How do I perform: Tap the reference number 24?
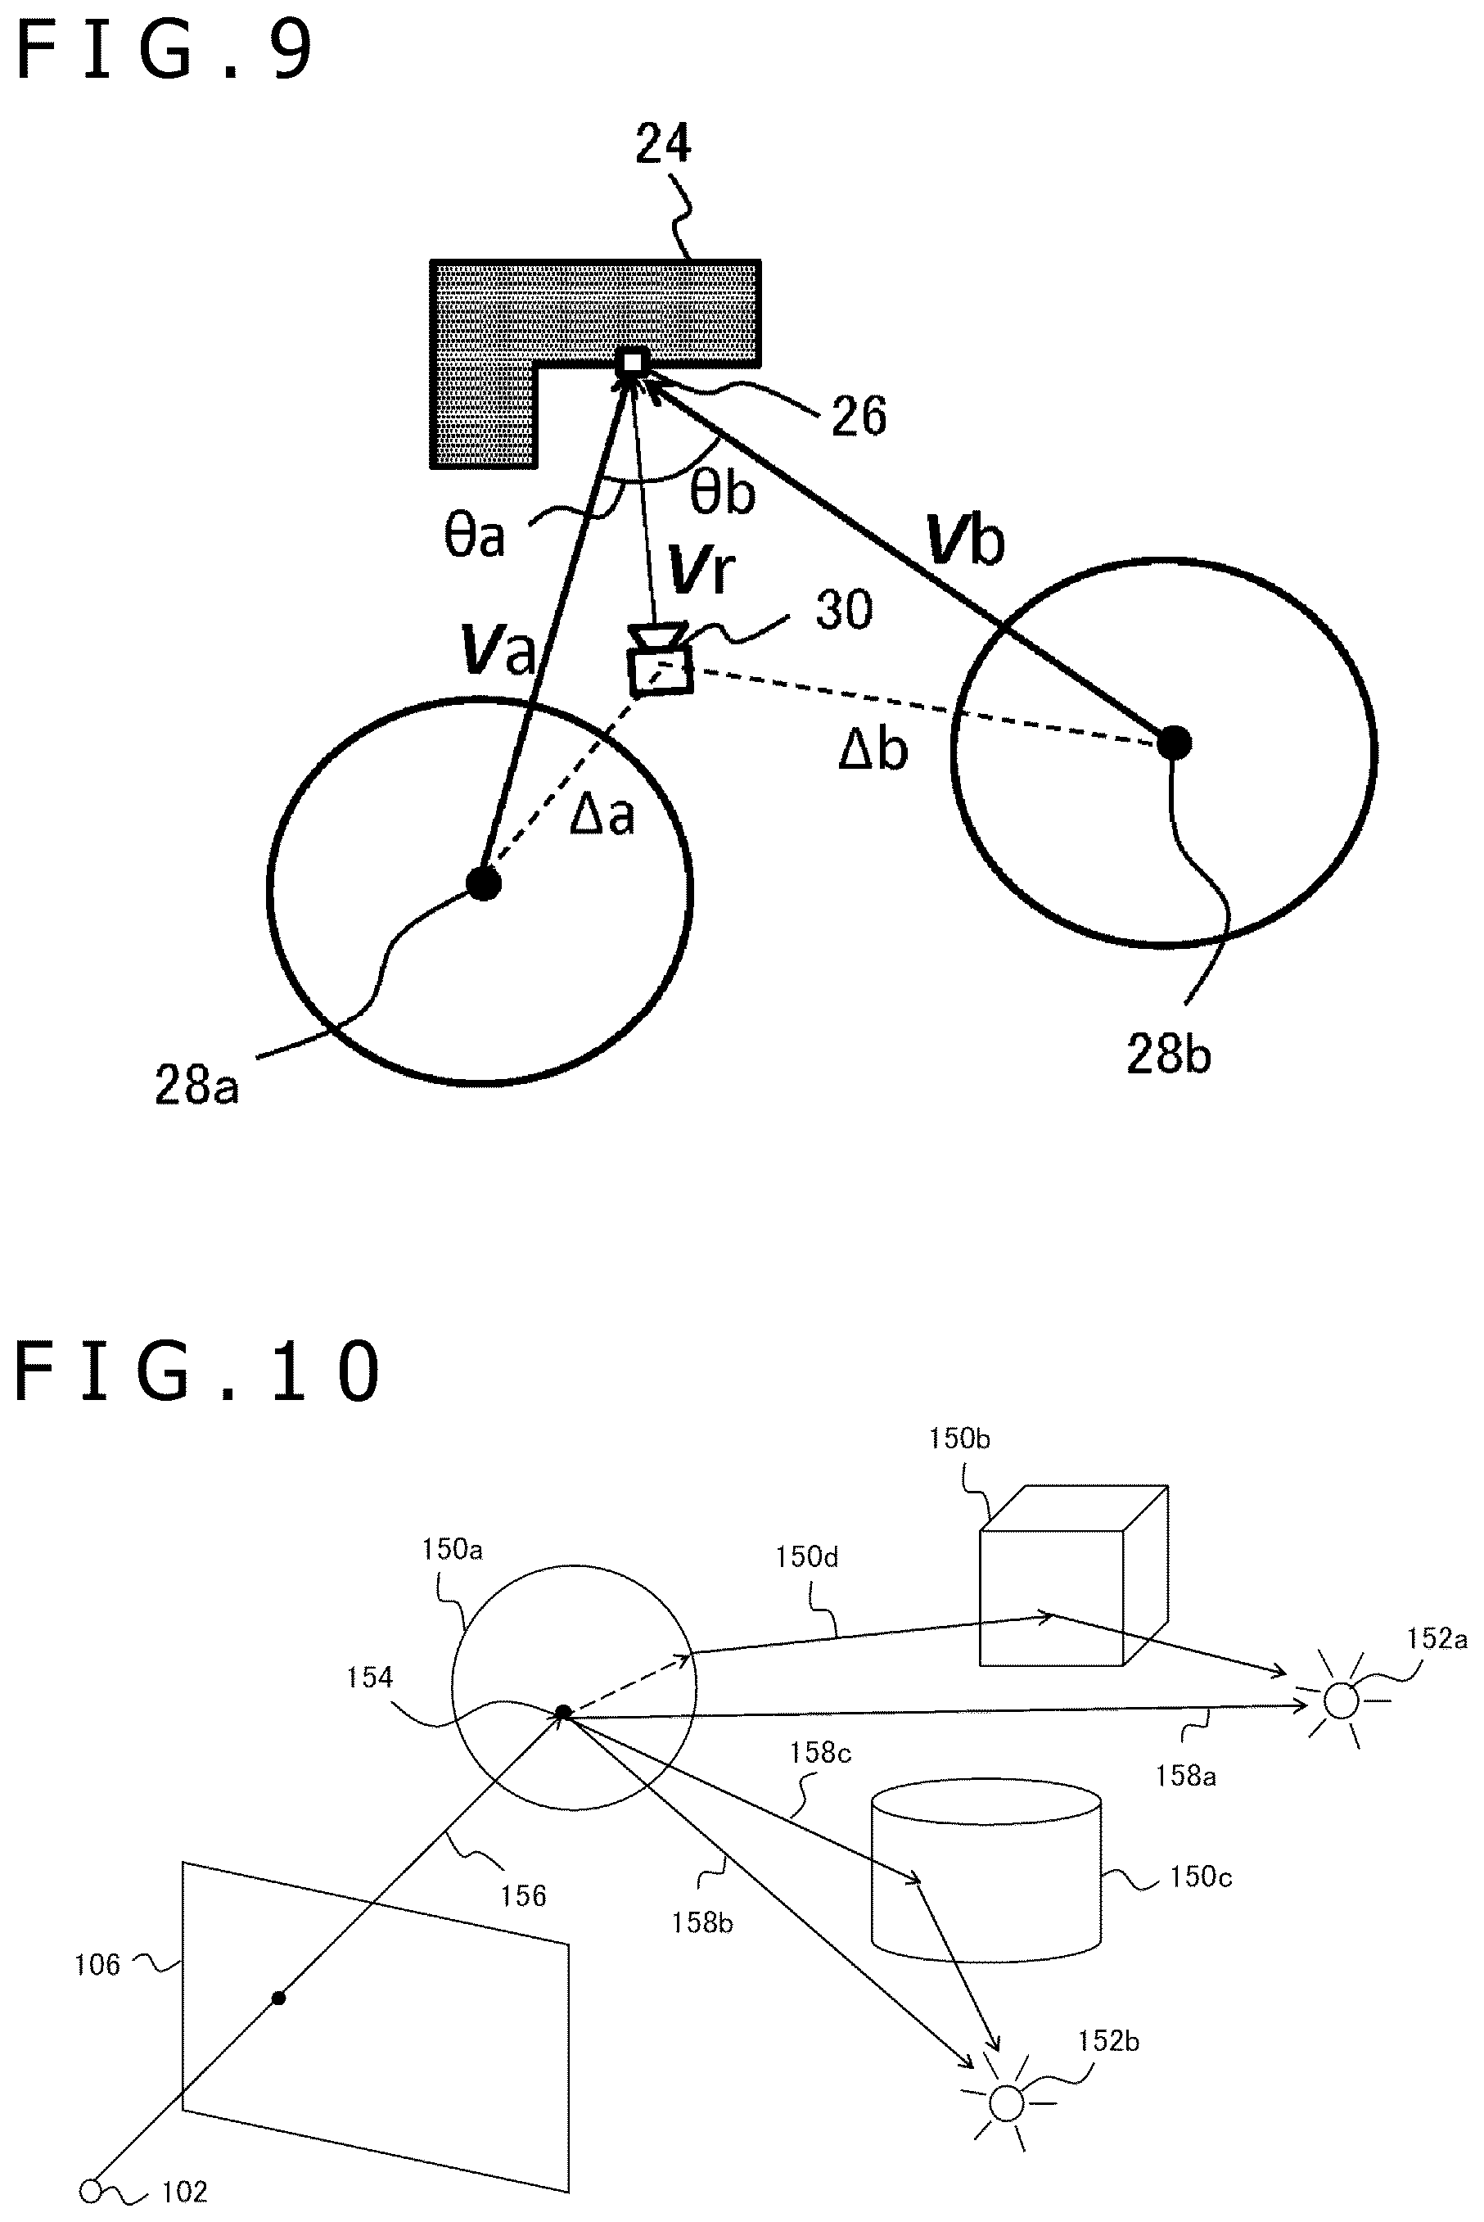(x=662, y=144)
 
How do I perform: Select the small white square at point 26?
(x=632, y=363)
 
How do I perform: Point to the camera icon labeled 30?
(x=660, y=659)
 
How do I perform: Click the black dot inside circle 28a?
(x=484, y=883)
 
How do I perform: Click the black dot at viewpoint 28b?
(x=1175, y=743)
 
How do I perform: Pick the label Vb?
(x=964, y=540)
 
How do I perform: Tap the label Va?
(x=498, y=648)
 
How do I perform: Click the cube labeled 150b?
(x=1073, y=1575)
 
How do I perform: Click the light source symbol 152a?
(x=1341, y=1700)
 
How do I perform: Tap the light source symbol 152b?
(x=1006, y=2102)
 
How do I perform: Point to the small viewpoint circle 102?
(x=91, y=2191)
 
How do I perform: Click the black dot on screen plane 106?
(x=278, y=1998)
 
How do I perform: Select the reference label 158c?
(x=820, y=1752)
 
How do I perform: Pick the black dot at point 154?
(x=563, y=1713)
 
